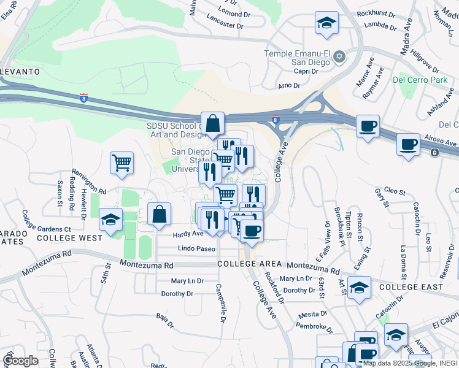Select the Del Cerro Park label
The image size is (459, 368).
coord(420,80)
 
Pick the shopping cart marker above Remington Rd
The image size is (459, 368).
coord(122,163)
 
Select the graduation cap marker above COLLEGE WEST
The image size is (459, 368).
coord(110,220)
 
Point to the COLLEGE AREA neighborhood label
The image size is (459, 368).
coord(249,264)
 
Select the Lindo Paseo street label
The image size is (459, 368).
coord(196,248)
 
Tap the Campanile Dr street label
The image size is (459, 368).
coord(222,303)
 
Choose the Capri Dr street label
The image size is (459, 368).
coord(306,71)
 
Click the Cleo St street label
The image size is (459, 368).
coord(395,191)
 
